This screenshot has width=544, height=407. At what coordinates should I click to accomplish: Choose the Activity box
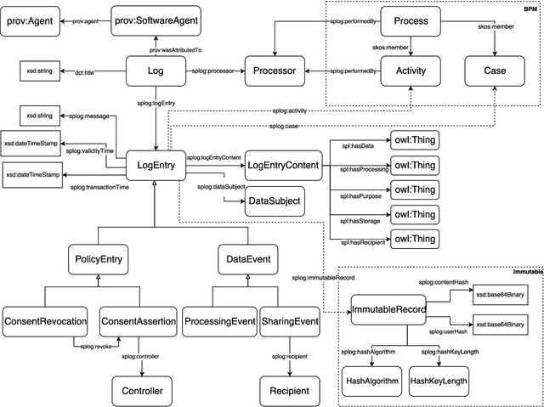[411, 71]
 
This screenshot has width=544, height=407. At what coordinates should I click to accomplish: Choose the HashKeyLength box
[438, 382]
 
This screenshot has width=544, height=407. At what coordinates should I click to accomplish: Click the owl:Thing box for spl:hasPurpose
[413, 189]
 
